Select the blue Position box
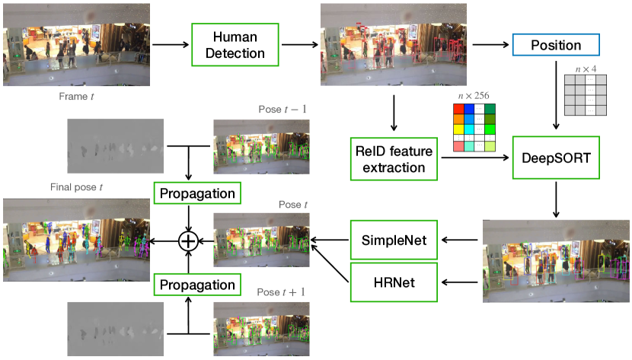(x=556, y=44)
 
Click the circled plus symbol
(x=187, y=241)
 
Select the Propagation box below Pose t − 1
(x=197, y=193)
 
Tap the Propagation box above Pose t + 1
(x=197, y=285)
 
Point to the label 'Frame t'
(x=77, y=97)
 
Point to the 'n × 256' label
(x=473, y=95)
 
